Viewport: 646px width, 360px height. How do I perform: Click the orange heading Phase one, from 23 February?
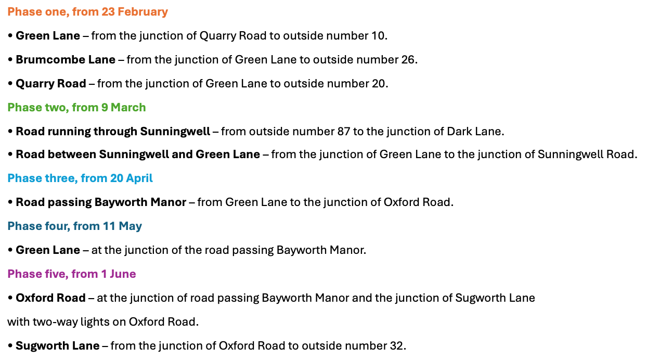87,12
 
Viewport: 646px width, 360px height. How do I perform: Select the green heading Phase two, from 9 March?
76,108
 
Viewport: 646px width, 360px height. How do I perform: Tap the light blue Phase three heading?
80,178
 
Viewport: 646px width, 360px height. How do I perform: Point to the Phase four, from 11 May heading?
74,226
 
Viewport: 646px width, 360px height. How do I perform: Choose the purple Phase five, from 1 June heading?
72,274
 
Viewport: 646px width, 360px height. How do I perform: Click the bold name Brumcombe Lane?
66,60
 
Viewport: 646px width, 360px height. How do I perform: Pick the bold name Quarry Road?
51,84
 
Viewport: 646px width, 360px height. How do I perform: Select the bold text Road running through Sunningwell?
112,132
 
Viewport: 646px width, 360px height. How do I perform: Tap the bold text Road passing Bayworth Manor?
101,202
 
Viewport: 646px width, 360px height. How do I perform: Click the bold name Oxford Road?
50,298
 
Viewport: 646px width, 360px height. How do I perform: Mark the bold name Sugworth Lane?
57,346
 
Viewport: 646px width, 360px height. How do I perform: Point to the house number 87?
343,132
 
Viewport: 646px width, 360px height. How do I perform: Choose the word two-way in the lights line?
50,322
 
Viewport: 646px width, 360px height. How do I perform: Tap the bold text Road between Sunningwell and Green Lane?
138,155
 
